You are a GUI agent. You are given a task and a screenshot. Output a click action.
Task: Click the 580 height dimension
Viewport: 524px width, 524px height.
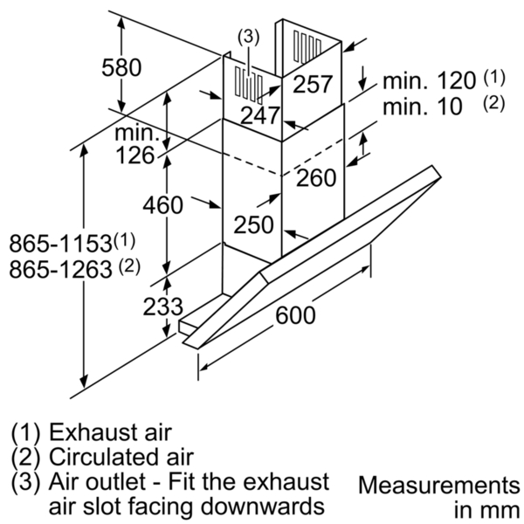[x=121, y=68]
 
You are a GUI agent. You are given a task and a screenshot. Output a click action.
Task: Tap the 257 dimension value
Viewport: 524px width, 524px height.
[x=313, y=84]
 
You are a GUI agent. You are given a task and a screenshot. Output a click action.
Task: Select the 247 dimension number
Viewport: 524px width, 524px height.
[x=260, y=115]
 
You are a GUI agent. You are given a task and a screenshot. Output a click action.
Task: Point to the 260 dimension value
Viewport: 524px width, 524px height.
[x=316, y=177]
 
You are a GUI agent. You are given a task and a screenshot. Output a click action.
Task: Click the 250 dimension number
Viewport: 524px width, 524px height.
[x=253, y=224]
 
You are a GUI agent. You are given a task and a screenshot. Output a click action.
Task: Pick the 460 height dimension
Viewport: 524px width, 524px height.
[x=162, y=205]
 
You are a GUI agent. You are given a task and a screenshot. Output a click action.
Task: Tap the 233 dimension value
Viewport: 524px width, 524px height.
[x=163, y=307]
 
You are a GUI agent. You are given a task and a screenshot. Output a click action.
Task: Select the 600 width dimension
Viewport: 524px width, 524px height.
[x=295, y=314]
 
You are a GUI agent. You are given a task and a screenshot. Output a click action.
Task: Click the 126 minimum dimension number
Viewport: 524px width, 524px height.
[x=135, y=155]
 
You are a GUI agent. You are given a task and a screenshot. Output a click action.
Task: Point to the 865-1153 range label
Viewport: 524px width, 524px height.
[x=72, y=242]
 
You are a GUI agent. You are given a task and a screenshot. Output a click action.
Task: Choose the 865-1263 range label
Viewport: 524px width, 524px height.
[x=74, y=268]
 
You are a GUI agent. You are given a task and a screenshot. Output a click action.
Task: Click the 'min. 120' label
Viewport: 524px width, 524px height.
[x=429, y=80]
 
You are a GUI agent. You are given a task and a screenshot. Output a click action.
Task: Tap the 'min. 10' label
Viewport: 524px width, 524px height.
[x=423, y=107]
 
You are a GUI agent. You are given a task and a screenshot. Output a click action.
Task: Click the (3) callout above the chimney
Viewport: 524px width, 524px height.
[x=248, y=37]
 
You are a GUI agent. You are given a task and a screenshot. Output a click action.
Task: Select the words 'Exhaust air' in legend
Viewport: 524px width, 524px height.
[x=110, y=432]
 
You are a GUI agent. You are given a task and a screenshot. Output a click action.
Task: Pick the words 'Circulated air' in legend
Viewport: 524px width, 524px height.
[x=121, y=457]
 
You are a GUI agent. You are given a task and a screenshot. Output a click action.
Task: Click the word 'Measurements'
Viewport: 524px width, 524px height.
[x=438, y=486]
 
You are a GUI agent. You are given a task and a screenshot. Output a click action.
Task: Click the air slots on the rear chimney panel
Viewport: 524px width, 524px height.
[x=307, y=46]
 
